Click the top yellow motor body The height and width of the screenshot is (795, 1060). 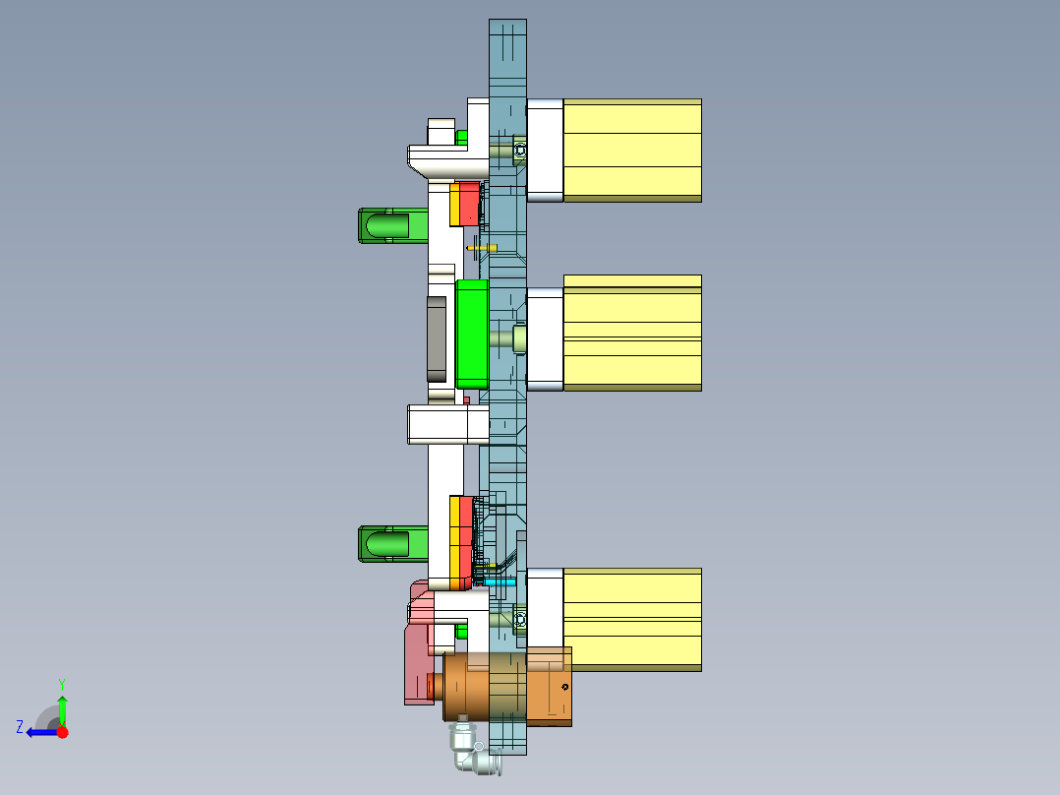coord(631,150)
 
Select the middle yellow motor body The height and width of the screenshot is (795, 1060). coord(631,333)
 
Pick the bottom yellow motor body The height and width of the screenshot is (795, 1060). coord(631,620)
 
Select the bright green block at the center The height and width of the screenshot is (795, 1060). coord(472,333)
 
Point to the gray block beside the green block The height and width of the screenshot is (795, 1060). coord(436,337)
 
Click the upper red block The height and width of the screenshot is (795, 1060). coord(469,204)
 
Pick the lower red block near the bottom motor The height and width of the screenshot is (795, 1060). coord(466,541)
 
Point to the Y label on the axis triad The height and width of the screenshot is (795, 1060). coord(61,682)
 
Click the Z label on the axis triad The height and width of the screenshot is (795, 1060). coord(20,727)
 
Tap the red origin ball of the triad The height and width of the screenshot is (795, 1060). coord(62,732)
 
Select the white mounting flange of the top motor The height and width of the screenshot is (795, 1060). coord(545,150)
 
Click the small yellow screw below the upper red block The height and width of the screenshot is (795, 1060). coord(481,248)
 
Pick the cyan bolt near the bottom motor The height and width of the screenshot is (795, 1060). coord(500,581)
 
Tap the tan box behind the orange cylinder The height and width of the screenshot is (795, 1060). coord(549,687)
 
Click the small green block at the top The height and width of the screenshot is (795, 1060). coord(461,138)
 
